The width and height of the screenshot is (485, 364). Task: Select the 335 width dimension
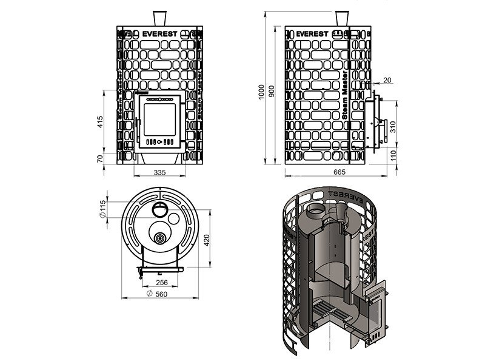click(159, 173)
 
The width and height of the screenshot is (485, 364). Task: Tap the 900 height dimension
click(271, 91)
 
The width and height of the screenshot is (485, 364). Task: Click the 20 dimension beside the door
click(387, 80)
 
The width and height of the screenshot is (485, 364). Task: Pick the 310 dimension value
click(393, 126)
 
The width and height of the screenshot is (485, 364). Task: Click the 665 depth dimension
click(339, 173)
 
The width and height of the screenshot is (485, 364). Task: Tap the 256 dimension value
click(161, 283)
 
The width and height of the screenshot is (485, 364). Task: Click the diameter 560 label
click(158, 294)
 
